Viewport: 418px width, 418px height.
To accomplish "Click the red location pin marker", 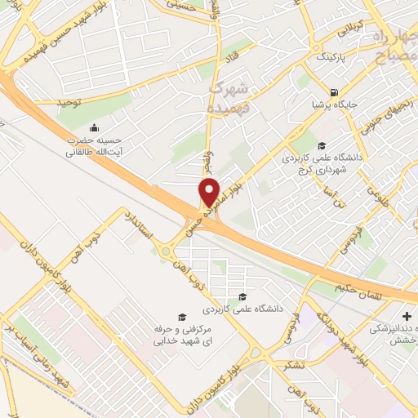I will click(x=210, y=193).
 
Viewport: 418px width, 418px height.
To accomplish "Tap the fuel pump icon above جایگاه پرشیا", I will click(x=333, y=91).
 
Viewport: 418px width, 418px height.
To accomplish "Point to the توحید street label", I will click(x=72, y=101).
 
